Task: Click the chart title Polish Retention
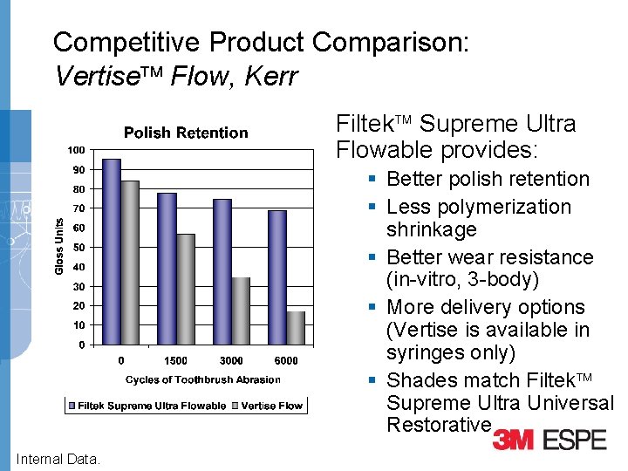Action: [186, 133]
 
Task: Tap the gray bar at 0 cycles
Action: [130, 262]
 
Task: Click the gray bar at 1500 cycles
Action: [185, 289]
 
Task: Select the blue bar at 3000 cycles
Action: [222, 271]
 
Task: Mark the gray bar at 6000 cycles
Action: [296, 327]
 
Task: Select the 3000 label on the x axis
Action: [231, 360]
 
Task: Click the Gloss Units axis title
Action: [59, 247]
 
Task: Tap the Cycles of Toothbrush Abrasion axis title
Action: [203, 379]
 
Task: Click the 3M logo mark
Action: [514, 439]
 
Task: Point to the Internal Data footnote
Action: [58, 459]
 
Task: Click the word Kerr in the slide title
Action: [271, 76]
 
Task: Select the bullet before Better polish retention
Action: [372, 179]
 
